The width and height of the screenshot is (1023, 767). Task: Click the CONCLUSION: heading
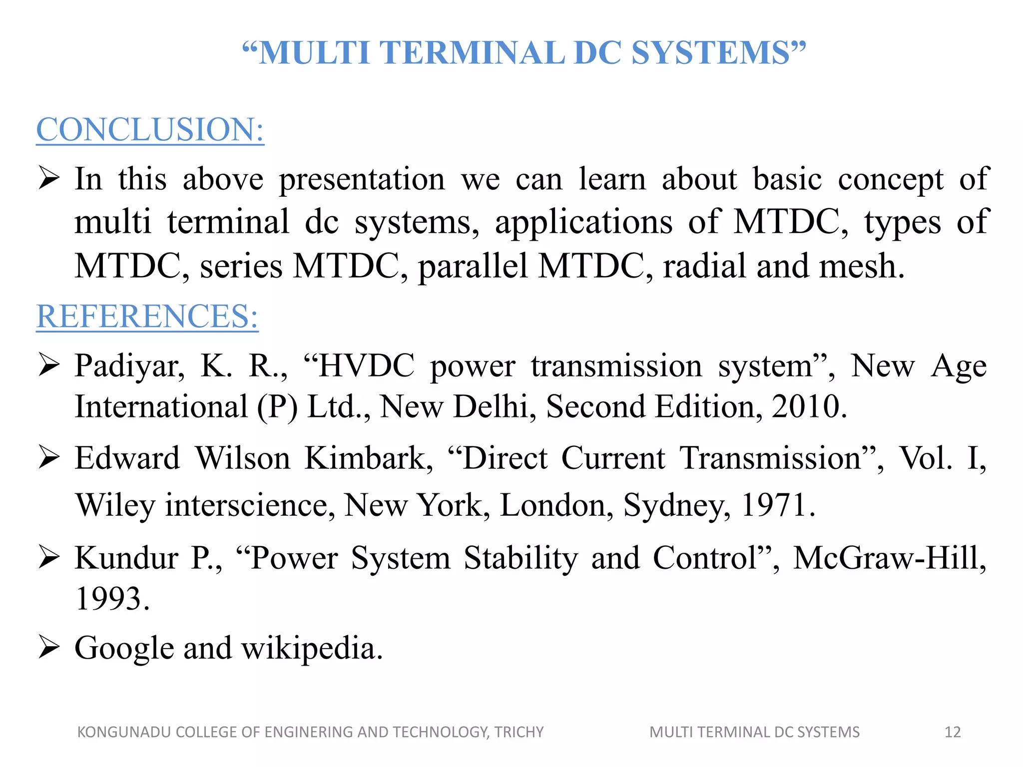point(150,129)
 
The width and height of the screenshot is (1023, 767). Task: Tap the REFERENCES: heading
point(147,316)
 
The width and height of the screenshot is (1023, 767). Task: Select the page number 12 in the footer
point(953,732)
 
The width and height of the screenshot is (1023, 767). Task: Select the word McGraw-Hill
point(889,557)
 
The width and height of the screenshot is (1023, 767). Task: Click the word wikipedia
point(312,648)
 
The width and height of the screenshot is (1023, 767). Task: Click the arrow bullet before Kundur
point(49,557)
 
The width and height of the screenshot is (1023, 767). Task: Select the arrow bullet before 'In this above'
point(49,178)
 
